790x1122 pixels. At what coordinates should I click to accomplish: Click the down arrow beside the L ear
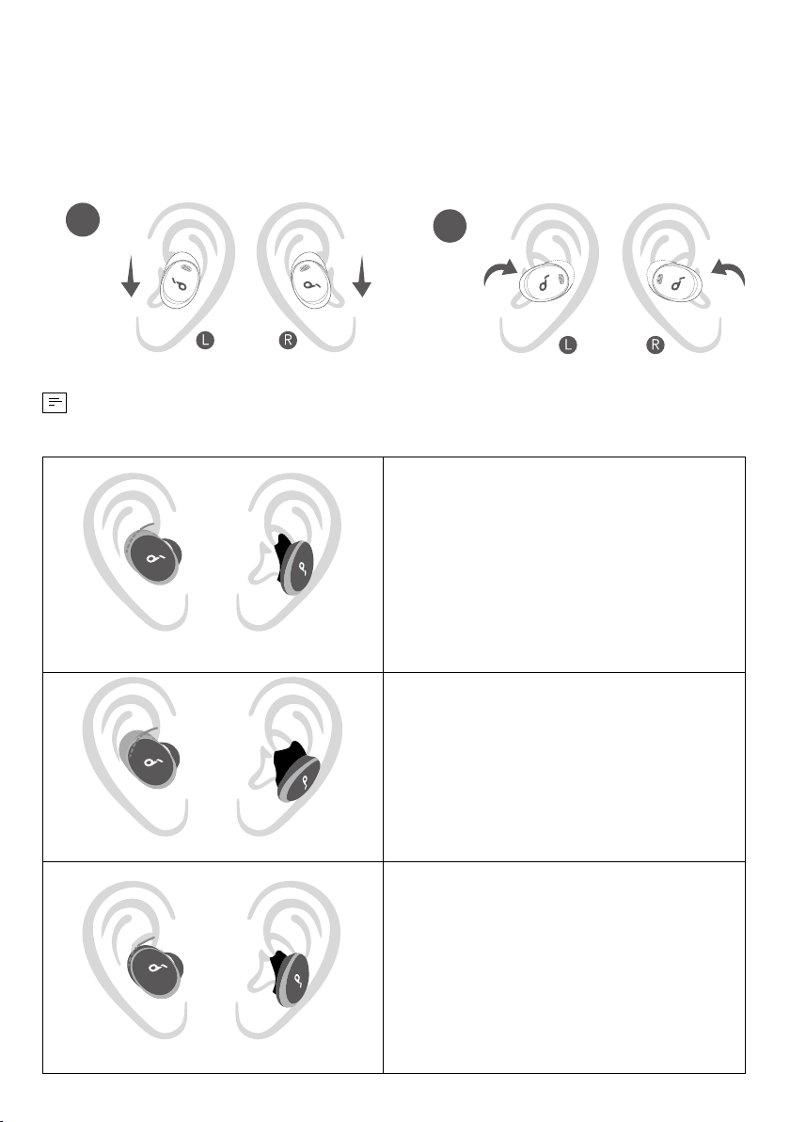130,278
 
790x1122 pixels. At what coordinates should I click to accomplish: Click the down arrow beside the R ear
362,277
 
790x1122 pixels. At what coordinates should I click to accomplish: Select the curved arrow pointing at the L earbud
499,273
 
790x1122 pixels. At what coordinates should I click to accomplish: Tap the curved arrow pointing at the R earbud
729,273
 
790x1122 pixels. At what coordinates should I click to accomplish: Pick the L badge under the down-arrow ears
205,340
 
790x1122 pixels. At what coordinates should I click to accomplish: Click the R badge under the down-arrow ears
288,340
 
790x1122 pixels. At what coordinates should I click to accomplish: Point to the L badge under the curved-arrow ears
568,345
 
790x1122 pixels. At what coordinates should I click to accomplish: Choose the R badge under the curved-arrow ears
655,345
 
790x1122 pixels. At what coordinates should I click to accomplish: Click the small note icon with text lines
55,403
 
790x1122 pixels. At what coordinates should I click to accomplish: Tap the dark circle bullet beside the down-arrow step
82,219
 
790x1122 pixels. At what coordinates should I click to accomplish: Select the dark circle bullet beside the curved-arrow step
450,226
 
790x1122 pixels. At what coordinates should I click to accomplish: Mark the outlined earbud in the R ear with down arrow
311,280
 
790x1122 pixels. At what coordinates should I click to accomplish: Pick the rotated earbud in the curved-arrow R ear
675,281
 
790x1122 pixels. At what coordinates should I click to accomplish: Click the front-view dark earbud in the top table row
153,556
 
